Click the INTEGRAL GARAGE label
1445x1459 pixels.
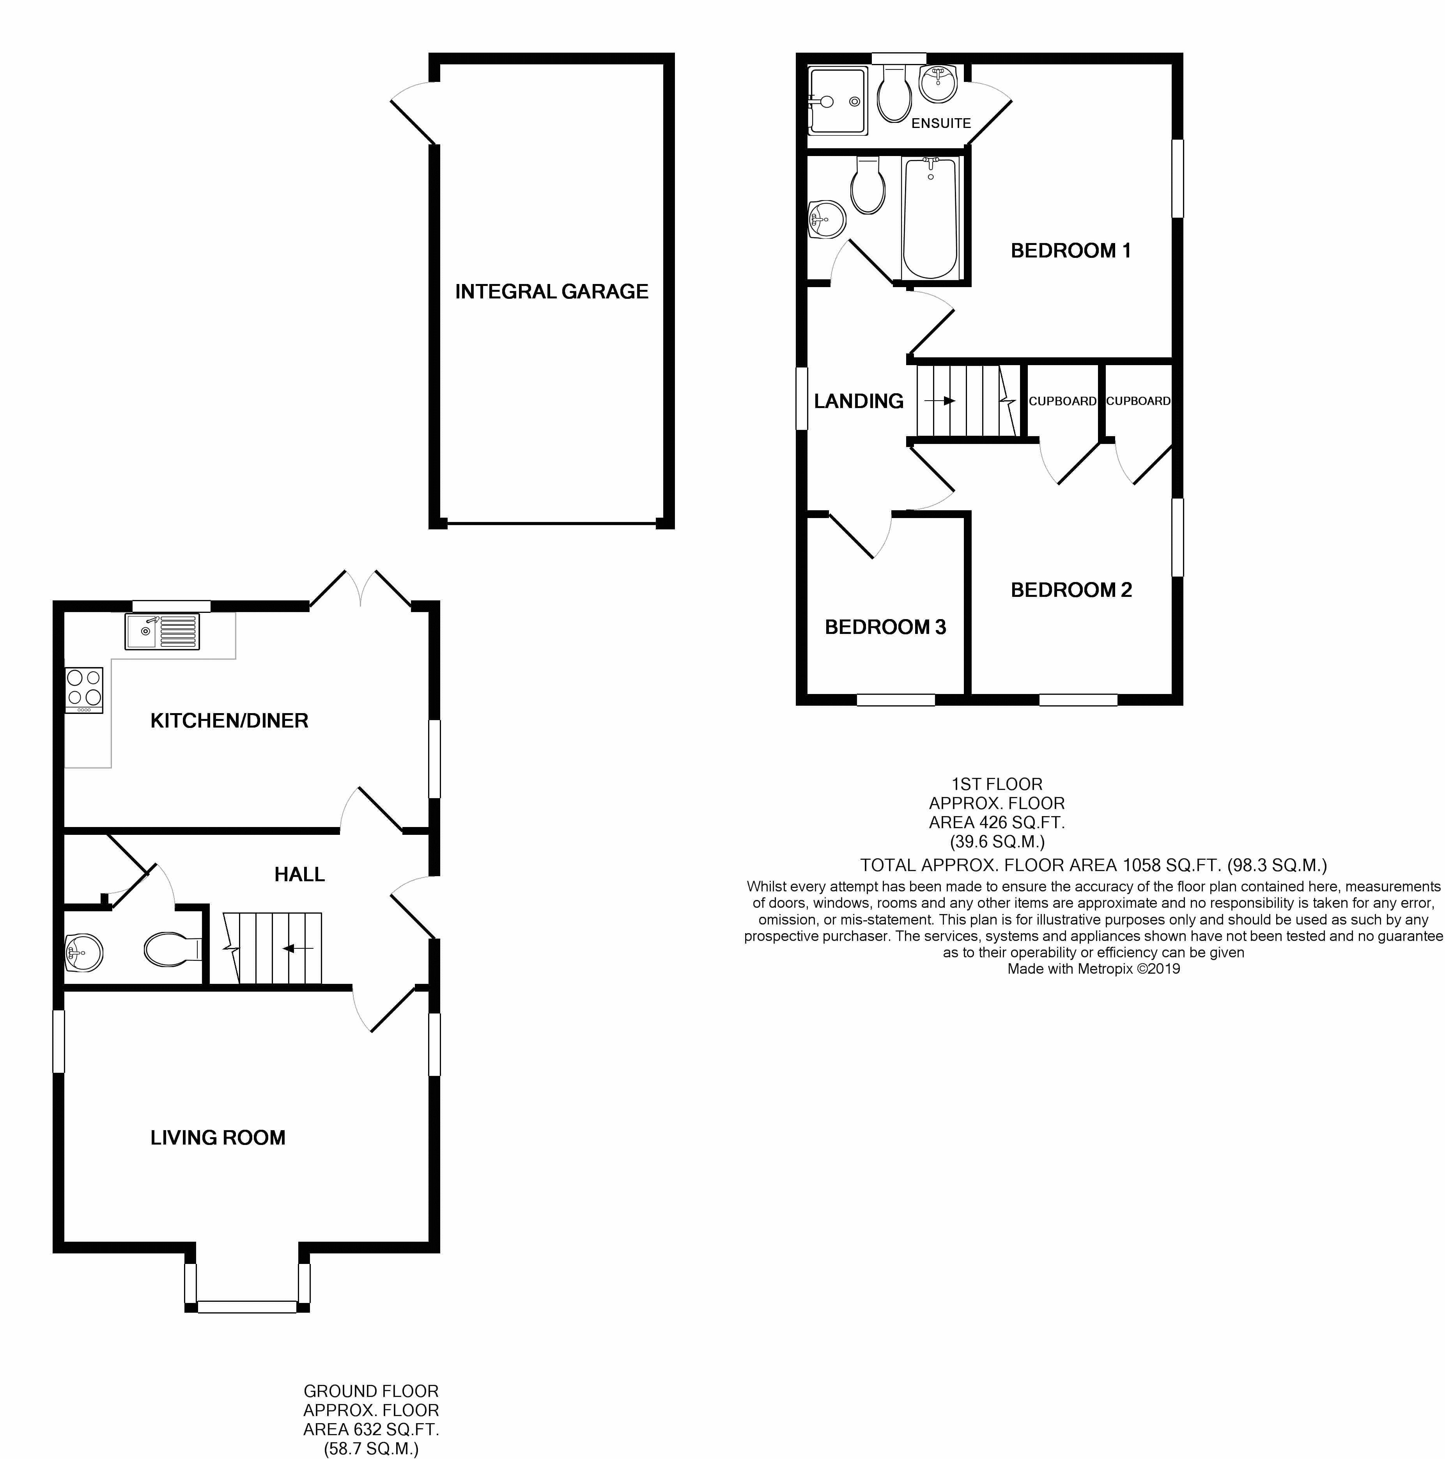(x=551, y=291)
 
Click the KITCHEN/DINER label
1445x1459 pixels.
(x=230, y=721)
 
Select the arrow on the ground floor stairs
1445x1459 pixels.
(x=298, y=948)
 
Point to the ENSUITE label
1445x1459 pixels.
(x=941, y=123)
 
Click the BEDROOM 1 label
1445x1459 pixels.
(x=1071, y=251)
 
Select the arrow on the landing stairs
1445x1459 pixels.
(x=940, y=401)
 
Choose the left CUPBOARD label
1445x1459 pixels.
(x=1062, y=401)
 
